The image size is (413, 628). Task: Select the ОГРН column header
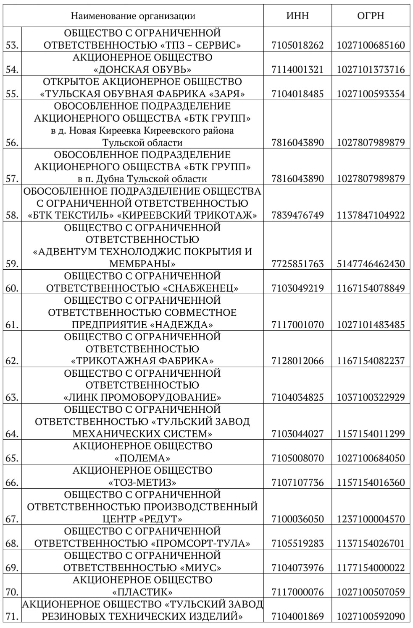click(371, 16)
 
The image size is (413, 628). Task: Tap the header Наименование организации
click(133, 16)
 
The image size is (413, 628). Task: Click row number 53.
click(12, 45)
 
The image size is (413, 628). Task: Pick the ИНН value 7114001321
click(297, 69)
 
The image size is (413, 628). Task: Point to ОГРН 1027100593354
click(371, 94)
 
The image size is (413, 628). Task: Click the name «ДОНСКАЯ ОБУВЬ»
click(142, 69)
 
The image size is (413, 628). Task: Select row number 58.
click(12, 215)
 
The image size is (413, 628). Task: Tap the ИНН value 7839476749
click(297, 215)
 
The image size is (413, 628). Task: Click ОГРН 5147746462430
click(371, 264)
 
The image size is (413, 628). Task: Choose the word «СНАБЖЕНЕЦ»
click(201, 288)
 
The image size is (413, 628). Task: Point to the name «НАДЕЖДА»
click(182, 325)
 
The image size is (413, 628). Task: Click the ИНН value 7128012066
click(297, 361)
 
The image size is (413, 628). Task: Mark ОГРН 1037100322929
click(371, 397)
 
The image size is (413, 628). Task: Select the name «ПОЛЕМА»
click(142, 458)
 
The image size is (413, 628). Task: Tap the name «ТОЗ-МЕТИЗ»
click(142, 482)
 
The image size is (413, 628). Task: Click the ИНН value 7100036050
click(297, 519)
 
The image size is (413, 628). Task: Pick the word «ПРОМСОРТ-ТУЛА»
click(200, 543)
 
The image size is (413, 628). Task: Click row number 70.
click(12, 592)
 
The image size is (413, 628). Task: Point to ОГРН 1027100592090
click(371, 616)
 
